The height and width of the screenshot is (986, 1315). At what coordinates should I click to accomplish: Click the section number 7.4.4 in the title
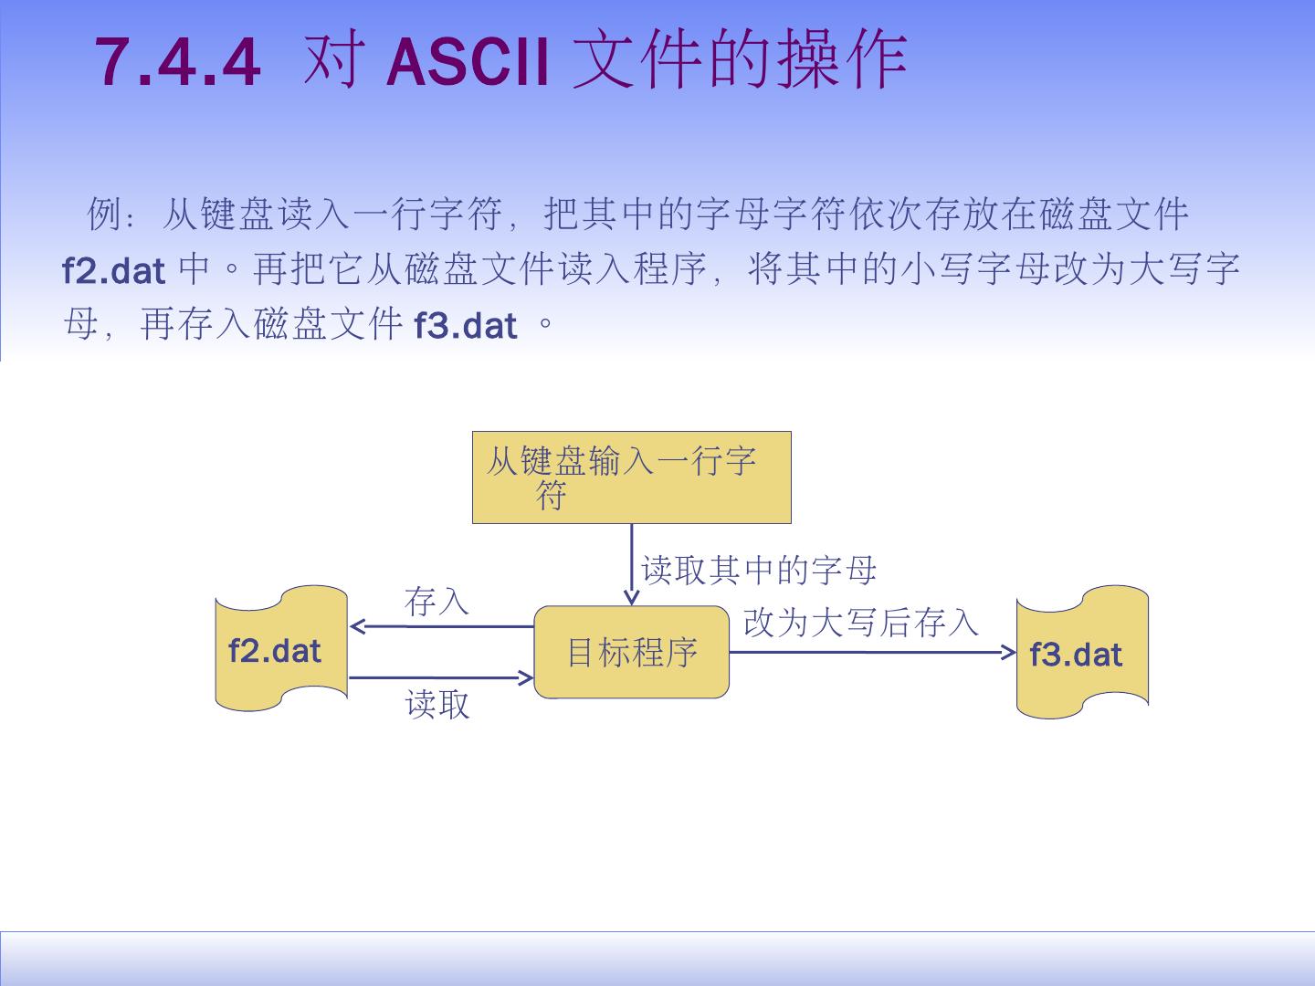(178, 62)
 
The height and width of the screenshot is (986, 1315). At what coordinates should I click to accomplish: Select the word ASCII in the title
(468, 62)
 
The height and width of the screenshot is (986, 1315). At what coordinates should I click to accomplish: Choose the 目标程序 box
(631, 652)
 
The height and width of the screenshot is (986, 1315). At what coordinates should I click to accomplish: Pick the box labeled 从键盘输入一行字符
(631, 477)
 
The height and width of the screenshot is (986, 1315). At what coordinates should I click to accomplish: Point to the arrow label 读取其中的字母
(759, 571)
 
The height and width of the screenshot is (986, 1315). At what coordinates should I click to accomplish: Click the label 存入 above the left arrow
(437, 602)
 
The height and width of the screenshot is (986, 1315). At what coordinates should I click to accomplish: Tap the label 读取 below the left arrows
(437, 704)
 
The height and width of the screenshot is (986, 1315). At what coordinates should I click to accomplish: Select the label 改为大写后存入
(860, 623)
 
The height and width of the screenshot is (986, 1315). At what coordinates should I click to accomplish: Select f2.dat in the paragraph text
(113, 270)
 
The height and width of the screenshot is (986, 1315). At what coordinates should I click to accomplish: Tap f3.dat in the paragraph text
(466, 325)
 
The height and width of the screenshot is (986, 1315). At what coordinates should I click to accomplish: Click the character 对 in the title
(329, 62)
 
